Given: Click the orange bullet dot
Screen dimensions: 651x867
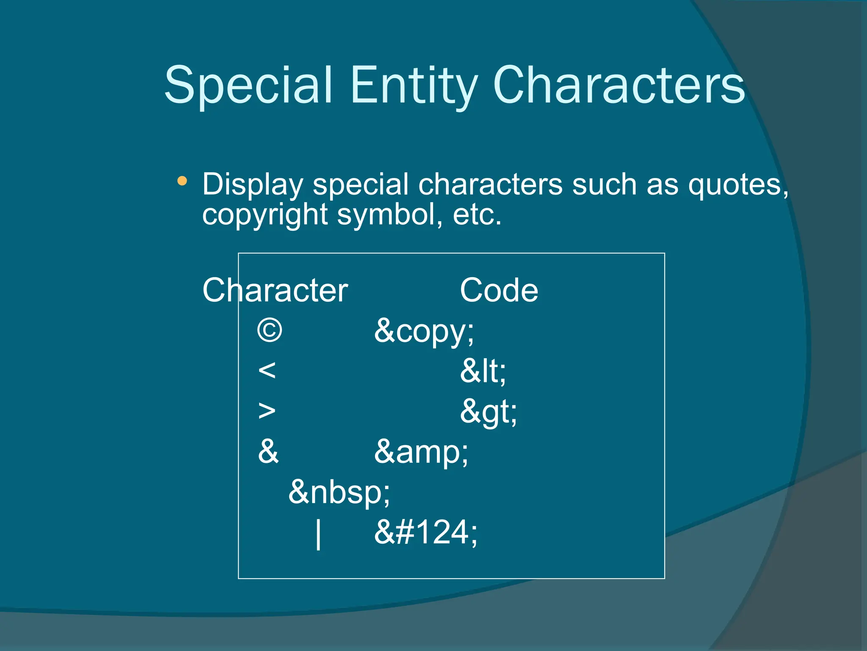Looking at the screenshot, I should [x=182, y=181].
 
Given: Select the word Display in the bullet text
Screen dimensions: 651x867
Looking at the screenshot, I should [x=253, y=185].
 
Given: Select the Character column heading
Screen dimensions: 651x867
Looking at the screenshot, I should [x=275, y=290].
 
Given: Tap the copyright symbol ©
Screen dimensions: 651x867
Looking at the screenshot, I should [x=270, y=331].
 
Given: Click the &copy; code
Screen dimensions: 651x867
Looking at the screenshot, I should [x=424, y=331].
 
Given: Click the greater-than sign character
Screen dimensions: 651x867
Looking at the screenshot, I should [x=267, y=411].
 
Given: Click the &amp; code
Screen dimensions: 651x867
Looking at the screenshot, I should [x=421, y=452].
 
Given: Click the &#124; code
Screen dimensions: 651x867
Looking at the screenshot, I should [x=425, y=532].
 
